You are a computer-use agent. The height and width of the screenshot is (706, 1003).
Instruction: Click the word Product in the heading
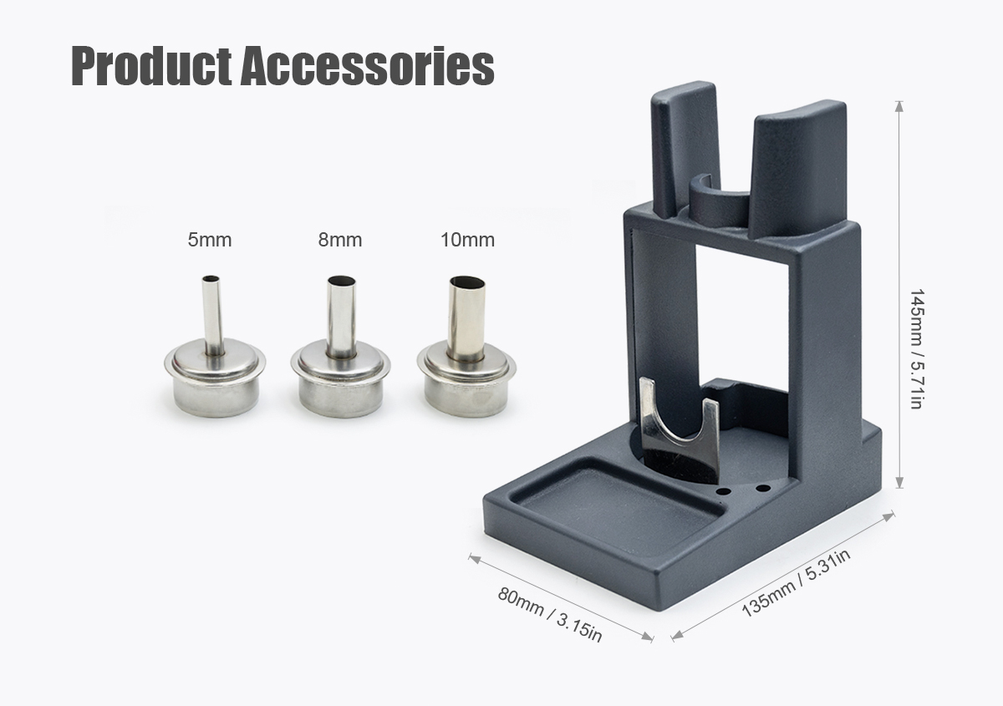(152, 66)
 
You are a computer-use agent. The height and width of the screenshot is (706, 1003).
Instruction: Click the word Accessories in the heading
(367, 66)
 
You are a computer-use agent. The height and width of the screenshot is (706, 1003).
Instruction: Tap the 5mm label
(210, 240)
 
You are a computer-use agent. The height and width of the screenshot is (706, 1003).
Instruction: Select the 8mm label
(340, 240)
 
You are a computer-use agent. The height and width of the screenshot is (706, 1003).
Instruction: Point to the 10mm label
(467, 240)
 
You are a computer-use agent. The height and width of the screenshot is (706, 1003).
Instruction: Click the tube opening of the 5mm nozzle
(211, 279)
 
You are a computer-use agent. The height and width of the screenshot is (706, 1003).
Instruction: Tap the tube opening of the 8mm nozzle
(342, 281)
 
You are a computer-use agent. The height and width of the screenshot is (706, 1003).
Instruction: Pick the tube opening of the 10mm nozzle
(467, 283)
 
